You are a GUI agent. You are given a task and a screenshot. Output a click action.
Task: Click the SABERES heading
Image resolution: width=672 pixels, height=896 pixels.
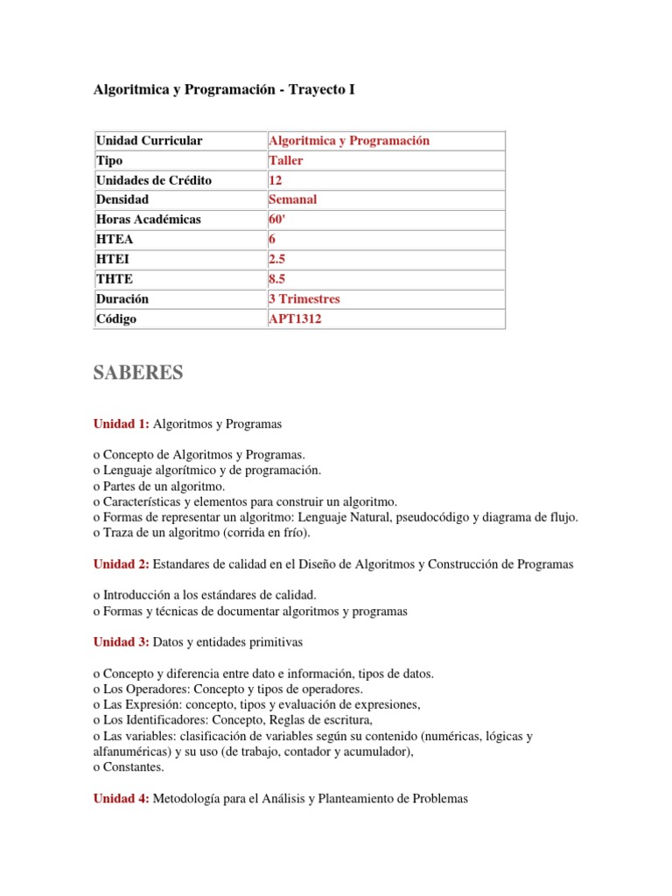[138, 373]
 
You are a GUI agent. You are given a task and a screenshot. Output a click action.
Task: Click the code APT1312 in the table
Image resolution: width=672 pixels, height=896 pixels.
[295, 319]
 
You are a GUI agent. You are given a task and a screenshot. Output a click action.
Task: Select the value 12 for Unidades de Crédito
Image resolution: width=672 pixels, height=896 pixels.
[276, 180]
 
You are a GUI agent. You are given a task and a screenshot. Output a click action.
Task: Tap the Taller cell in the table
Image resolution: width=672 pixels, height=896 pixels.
[286, 161]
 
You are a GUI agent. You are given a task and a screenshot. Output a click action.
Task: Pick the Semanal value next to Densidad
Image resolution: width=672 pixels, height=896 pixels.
[292, 199]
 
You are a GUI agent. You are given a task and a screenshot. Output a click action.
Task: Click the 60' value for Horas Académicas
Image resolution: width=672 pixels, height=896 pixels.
[278, 220]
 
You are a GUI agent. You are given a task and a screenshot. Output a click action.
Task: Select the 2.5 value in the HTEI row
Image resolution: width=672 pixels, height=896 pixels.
[279, 259]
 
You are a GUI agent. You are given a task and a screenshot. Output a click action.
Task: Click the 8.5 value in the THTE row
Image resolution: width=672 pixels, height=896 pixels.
[279, 279]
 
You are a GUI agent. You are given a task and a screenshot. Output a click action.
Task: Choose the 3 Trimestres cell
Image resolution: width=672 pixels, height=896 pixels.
[304, 299]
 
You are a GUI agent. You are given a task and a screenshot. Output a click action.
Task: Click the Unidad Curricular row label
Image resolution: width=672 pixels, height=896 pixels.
[149, 141]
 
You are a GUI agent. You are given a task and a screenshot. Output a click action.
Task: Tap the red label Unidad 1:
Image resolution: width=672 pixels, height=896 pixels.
[122, 423]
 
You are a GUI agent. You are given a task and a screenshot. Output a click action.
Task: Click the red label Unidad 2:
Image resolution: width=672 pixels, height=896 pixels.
[122, 564]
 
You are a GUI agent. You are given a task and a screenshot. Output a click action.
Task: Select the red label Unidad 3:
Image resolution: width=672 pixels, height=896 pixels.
[122, 642]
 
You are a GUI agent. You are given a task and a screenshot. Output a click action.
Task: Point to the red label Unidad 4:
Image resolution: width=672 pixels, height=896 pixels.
[122, 798]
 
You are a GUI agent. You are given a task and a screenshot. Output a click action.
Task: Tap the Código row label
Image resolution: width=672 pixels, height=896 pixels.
[116, 319]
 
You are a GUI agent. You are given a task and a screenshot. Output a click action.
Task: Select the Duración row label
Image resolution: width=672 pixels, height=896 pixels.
[122, 299]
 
